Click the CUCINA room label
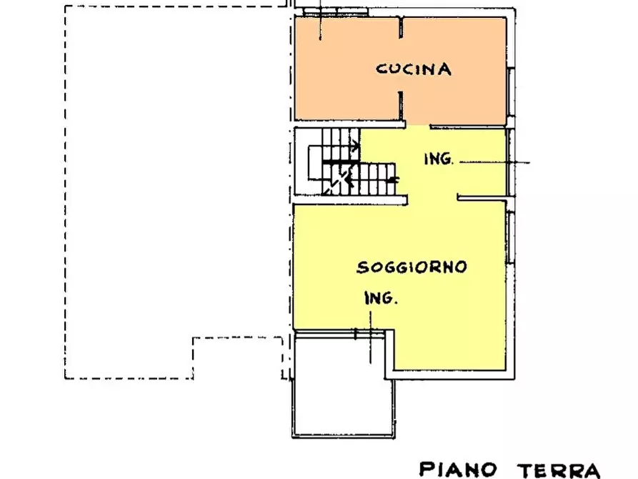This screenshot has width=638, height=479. click(x=414, y=69)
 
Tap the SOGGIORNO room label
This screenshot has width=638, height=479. click(x=412, y=267)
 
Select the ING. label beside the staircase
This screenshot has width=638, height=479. click(x=438, y=159)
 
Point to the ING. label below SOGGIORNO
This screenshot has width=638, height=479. click(x=380, y=299)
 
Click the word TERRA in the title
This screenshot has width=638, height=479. click(x=559, y=469)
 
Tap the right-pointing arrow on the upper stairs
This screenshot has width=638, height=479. click(x=354, y=147)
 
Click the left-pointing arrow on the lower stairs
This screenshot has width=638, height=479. click(x=392, y=181)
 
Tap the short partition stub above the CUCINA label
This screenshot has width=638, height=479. click(x=402, y=29)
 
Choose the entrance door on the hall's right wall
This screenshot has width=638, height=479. click(x=509, y=162)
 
